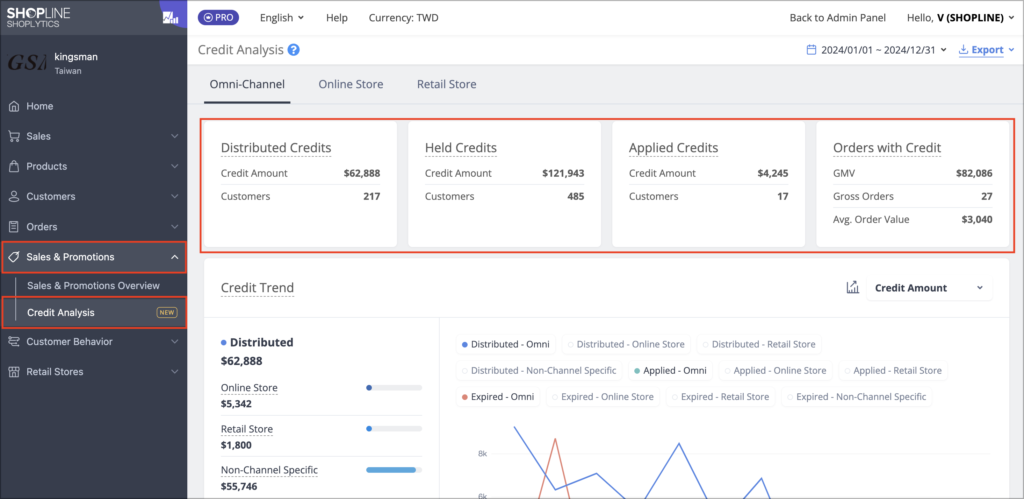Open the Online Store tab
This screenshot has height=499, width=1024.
tap(351, 84)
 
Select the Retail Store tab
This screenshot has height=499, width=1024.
tap(446, 84)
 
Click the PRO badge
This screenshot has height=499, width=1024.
tap(218, 17)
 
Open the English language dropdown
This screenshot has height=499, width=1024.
tap(282, 17)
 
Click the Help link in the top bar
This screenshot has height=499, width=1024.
tap(337, 17)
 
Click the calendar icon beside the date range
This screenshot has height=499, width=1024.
tap(811, 50)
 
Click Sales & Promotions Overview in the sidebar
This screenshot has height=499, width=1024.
tap(93, 285)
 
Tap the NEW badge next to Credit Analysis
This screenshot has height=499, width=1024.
tap(167, 312)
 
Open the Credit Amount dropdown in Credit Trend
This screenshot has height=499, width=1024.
tap(929, 288)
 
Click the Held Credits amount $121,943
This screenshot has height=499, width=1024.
tap(563, 173)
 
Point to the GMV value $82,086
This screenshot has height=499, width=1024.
tap(974, 173)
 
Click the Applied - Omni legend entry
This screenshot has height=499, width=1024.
tap(670, 371)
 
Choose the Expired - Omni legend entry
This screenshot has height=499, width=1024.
tap(498, 397)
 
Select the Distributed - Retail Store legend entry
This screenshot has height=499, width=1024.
tap(759, 344)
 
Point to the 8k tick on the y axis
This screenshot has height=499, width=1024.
tap(482, 454)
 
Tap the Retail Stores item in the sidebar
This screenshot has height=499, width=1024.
tap(55, 371)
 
